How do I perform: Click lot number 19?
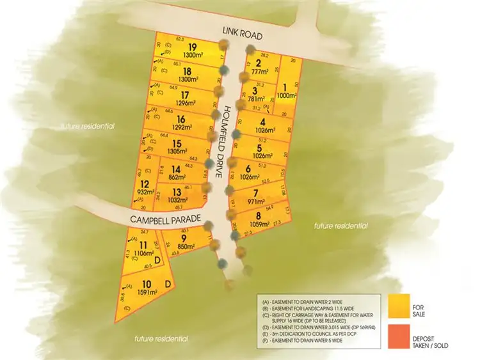coord(192,47)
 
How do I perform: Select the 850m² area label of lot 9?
coord(187,246)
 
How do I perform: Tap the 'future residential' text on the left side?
coord(88,126)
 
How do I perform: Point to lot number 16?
coord(181,118)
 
